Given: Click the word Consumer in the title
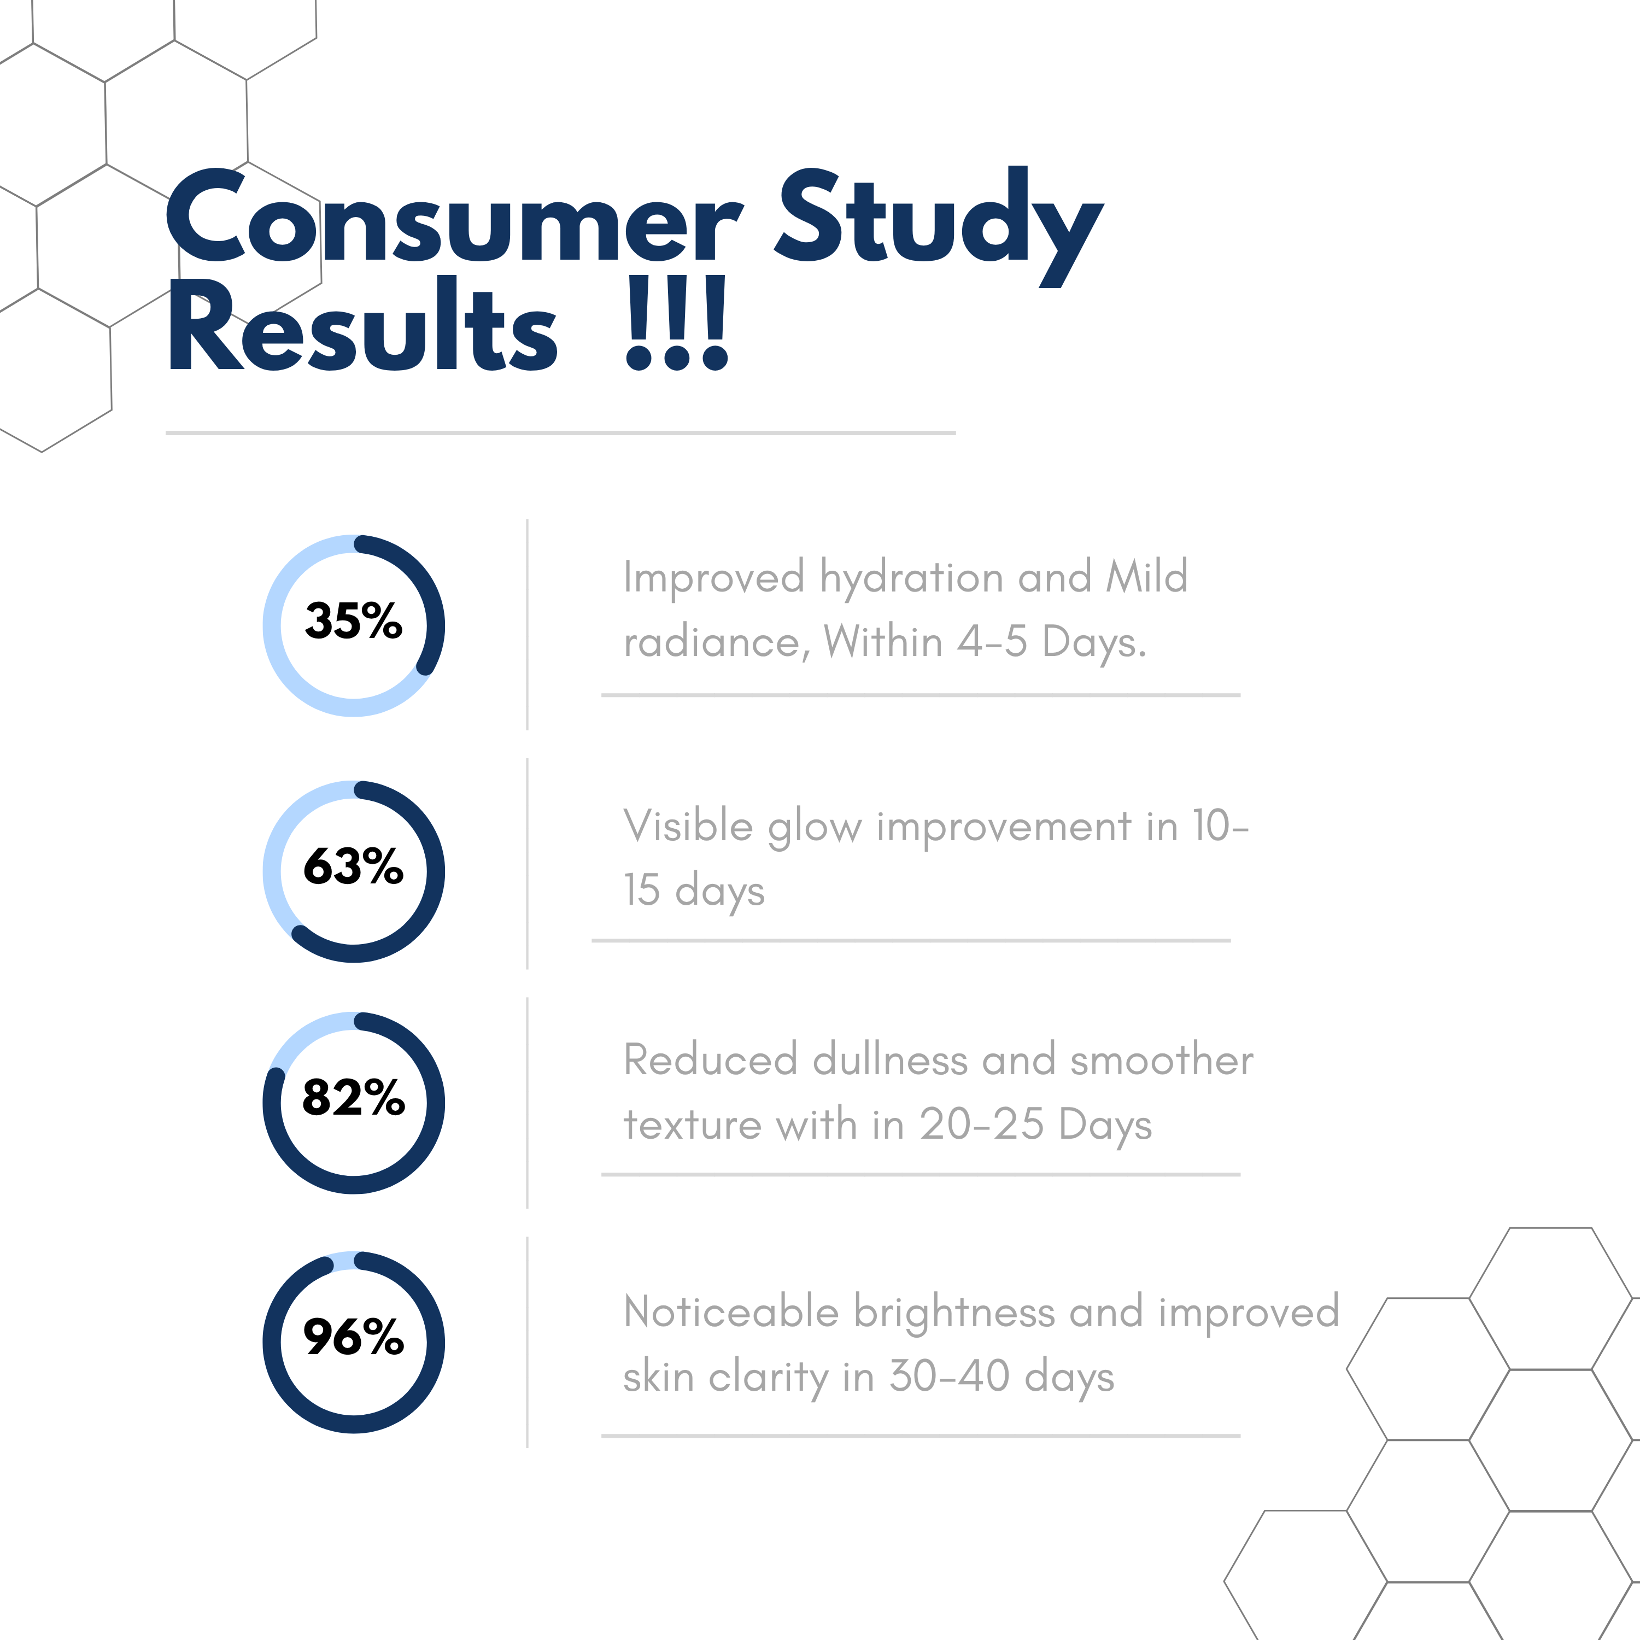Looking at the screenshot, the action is pos(454,218).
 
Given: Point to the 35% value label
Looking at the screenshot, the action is pos(353,620).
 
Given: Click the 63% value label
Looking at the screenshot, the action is pos(353,866).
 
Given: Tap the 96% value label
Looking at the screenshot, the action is pos(353,1337).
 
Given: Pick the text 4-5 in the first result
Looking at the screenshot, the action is pos(992,642).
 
